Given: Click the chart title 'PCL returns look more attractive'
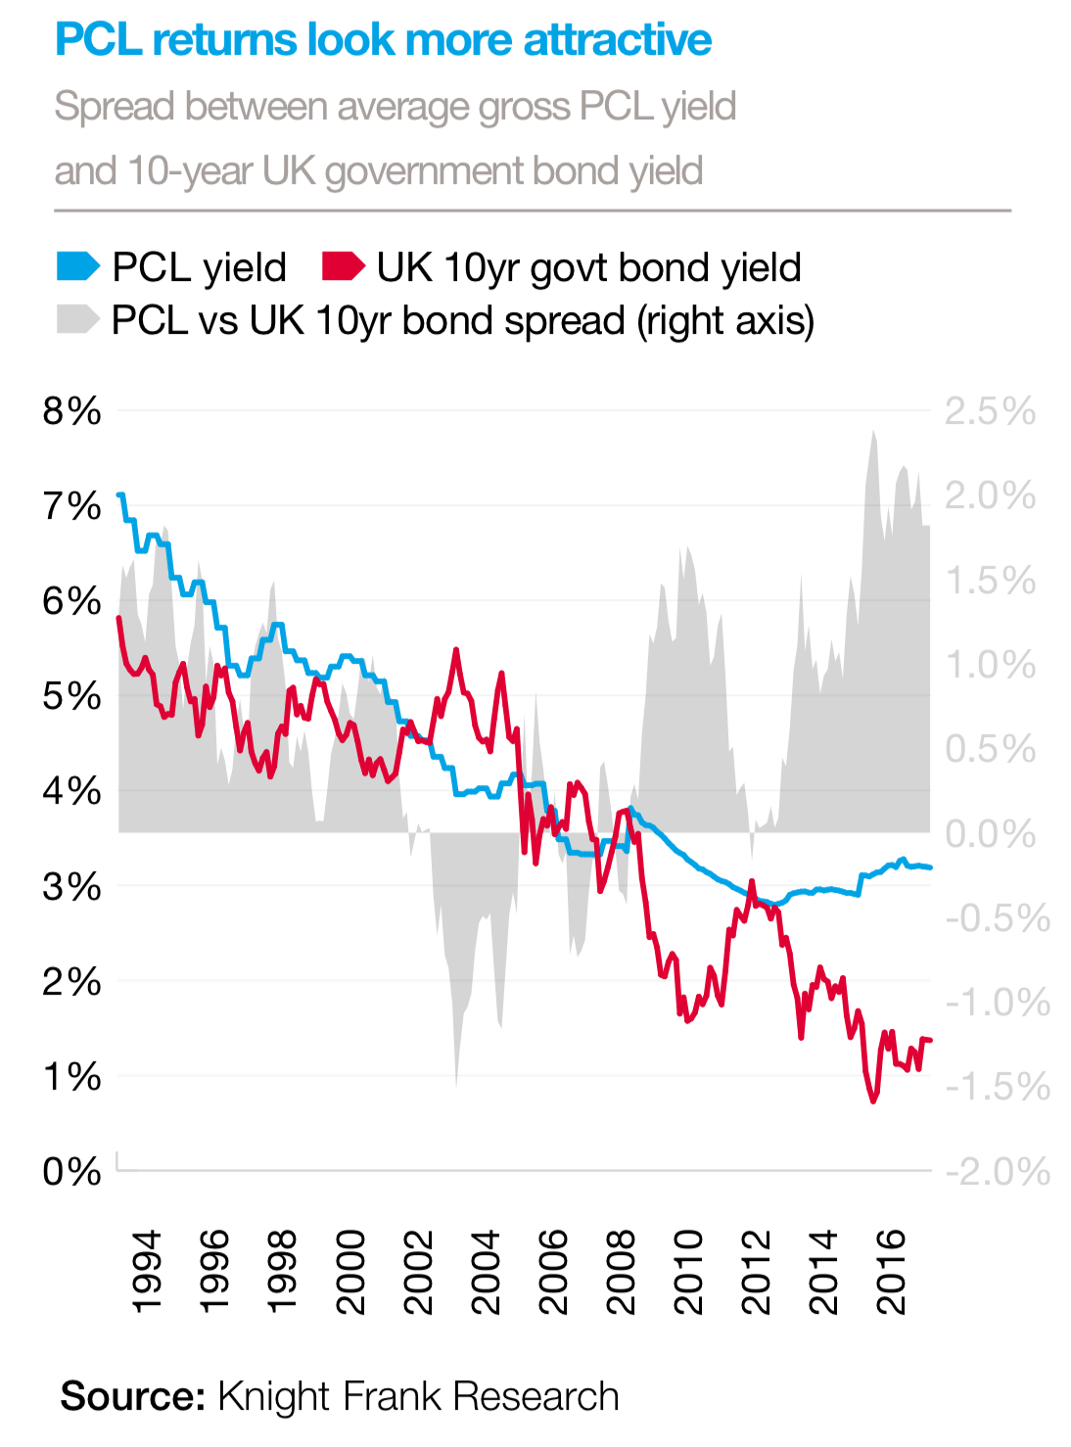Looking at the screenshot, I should (x=383, y=41).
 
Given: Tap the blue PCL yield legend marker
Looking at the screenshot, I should (x=78, y=266).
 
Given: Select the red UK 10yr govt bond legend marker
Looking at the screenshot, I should (x=343, y=266).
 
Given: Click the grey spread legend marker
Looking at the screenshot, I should (x=78, y=319).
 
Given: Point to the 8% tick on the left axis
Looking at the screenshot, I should (x=71, y=411).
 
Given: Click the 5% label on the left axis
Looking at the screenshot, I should (x=71, y=696).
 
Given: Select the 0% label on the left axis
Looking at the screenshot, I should (x=71, y=1171).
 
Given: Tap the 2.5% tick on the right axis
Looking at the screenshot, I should (x=990, y=411).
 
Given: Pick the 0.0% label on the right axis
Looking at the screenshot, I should (x=990, y=834).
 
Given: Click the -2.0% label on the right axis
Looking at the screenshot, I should (x=997, y=1171).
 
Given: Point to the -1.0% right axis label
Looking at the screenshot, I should (x=997, y=1003).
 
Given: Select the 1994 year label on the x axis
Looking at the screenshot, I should (x=146, y=1272).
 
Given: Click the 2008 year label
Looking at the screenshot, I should (x=621, y=1272).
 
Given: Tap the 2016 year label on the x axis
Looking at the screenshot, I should (x=892, y=1272).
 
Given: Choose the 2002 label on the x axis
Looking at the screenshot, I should (x=418, y=1272).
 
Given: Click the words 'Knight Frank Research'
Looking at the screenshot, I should (x=418, y=1396).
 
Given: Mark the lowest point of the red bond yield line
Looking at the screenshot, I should (x=873, y=1101).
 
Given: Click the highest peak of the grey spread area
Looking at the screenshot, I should (x=872, y=432).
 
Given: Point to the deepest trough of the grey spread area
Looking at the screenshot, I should (x=456, y=1085).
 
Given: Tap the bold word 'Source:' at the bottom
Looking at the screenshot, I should (x=132, y=1396).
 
